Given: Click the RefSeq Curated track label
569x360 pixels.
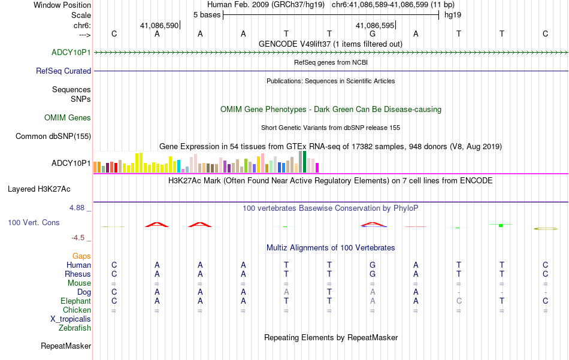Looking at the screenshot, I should (x=63, y=71).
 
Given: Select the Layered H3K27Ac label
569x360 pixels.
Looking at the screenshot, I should (x=39, y=189).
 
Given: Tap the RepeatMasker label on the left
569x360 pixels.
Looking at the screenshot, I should (x=66, y=346).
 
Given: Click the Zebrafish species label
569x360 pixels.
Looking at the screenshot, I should (x=75, y=328).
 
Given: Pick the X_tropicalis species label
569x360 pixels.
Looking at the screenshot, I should (x=71, y=319).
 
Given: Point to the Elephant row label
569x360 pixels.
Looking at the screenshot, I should (x=75, y=301).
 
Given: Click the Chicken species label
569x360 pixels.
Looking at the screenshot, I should (x=77, y=310).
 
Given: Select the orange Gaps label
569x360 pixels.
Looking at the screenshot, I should (x=81, y=256).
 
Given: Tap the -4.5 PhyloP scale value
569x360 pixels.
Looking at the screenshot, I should (x=80, y=237).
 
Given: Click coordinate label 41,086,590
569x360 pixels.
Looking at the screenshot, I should (x=159, y=26).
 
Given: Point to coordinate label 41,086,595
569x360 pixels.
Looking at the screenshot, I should (x=375, y=26).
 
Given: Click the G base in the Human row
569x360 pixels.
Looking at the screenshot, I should (x=373, y=265).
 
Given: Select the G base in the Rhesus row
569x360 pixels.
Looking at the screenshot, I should (x=373, y=274).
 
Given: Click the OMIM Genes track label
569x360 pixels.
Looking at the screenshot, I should (x=68, y=117).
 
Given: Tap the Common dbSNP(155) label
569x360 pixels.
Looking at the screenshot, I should (x=53, y=136).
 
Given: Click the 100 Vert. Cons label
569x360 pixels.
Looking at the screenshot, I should (x=34, y=222).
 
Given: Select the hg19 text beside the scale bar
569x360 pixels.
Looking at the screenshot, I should (x=452, y=14).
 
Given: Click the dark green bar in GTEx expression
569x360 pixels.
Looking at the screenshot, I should (x=304, y=162).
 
